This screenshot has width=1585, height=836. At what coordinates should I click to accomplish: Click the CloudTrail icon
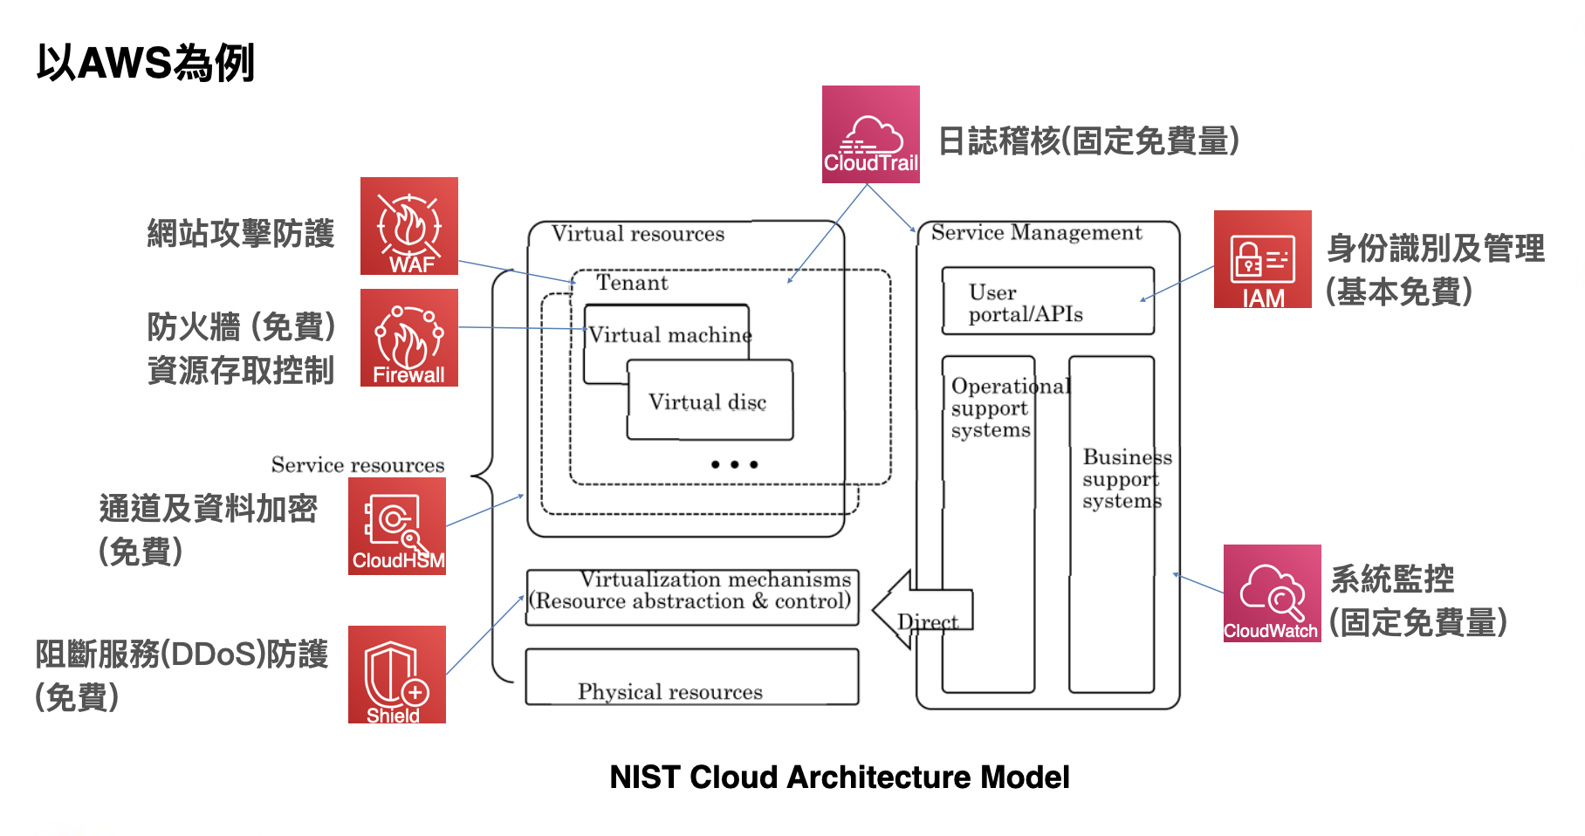tap(870, 134)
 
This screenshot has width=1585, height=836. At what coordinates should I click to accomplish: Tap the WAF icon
tap(409, 226)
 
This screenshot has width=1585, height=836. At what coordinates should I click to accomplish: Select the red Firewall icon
tap(409, 338)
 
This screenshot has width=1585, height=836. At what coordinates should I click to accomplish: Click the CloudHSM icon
tap(397, 526)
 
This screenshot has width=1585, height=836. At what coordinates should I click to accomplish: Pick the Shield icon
tap(397, 675)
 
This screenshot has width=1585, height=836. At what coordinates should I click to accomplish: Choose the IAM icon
tap(1263, 259)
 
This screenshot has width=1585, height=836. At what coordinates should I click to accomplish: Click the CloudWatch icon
tap(1272, 593)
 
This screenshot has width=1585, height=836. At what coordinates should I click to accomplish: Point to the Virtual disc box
tap(710, 400)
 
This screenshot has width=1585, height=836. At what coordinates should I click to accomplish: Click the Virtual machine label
tap(670, 335)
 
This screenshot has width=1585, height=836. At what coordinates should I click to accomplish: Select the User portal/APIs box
tap(1048, 301)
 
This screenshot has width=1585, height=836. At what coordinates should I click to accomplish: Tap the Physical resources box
tap(692, 676)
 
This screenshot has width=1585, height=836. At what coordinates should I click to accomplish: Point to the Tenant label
tap(632, 283)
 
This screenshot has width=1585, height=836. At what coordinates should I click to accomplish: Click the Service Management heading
tap(1036, 233)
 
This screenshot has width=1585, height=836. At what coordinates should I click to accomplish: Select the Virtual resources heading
tap(638, 234)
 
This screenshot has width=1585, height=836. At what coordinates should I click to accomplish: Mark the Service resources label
tap(358, 465)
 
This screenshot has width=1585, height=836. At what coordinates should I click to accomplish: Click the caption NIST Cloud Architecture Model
tap(840, 777)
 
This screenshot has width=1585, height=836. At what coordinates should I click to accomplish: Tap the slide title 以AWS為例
tap(146, 63)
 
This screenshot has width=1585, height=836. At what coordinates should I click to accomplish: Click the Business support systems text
tap(1127, 479)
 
